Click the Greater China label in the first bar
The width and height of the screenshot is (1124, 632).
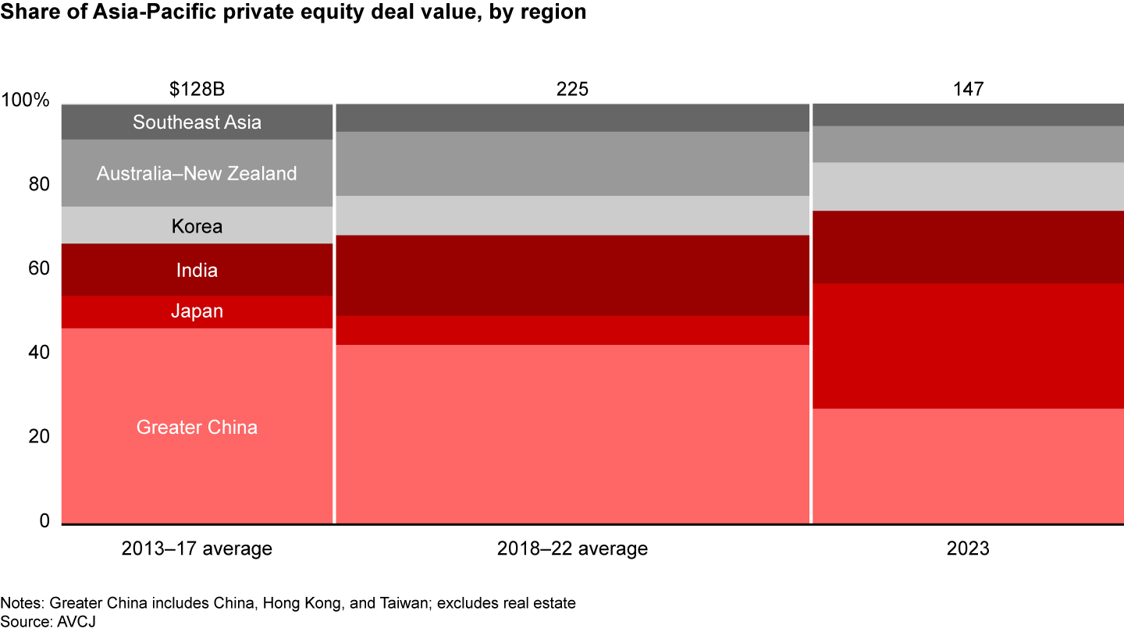click(197, 428)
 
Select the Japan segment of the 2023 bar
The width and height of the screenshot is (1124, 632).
click(968, 346)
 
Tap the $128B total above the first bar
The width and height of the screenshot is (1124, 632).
click(197, 89)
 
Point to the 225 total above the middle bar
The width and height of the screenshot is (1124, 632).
click(572, 89)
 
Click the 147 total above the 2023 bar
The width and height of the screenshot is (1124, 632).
click(968, 89)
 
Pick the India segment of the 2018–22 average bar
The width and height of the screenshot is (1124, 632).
click(572, 275)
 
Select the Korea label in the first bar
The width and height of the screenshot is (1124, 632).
click(197, 226)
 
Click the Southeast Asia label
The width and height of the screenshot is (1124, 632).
click(197, 122)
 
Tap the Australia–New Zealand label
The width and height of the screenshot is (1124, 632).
click(197, 173)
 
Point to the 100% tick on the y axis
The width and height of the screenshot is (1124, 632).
click(27, 101)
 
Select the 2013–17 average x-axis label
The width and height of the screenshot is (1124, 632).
click(197, 549)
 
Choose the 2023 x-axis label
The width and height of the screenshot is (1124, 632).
click(968, 549)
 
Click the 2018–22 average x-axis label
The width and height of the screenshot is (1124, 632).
click(572, 549)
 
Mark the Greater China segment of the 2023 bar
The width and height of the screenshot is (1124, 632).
click(968, 465)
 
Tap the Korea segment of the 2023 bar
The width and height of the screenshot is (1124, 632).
click(968, 186)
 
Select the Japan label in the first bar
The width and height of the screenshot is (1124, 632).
click(197, 311)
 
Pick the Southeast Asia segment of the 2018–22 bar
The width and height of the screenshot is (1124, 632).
click(572, 117)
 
